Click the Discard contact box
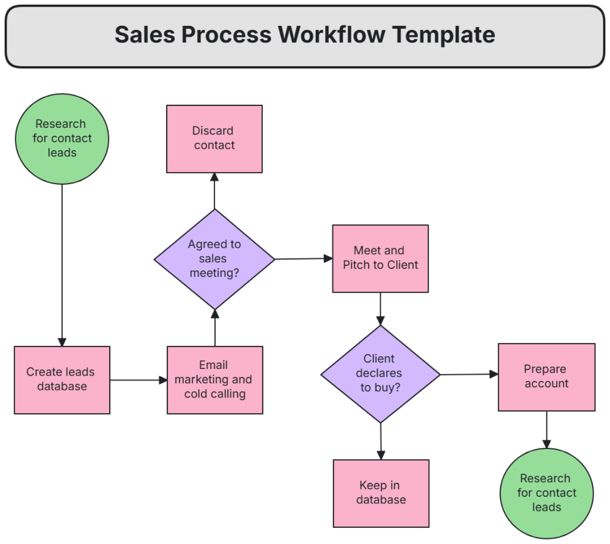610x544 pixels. click(x=214, y=138)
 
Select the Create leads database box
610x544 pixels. click(x=62, y=380)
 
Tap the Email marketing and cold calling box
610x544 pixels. click(x=215, y=380)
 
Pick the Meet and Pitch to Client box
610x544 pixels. click(x=380, y=258)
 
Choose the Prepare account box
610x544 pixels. click(x=546, y=377)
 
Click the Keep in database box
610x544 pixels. click(x=381, y=493)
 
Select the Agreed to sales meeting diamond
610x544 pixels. click(x=214, y=259)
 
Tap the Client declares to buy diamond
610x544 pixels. click(x=380, y=374)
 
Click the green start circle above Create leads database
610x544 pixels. click(x=62, y=138)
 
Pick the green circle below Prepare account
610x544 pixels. click(x=546, y=493)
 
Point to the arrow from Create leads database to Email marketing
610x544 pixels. click(x=138, y=380)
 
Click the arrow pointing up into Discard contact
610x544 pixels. click(x=215, y=191)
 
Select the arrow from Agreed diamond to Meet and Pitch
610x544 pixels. click(x=303, y=259)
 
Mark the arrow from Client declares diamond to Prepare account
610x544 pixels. click(x=469, y=374)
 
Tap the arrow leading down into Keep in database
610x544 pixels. click(x=381, y=441)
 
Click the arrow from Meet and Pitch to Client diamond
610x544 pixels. click(x=380, y=309)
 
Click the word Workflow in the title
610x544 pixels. click(x=332, y=35)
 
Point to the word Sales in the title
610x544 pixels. click(x=144, y=35)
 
